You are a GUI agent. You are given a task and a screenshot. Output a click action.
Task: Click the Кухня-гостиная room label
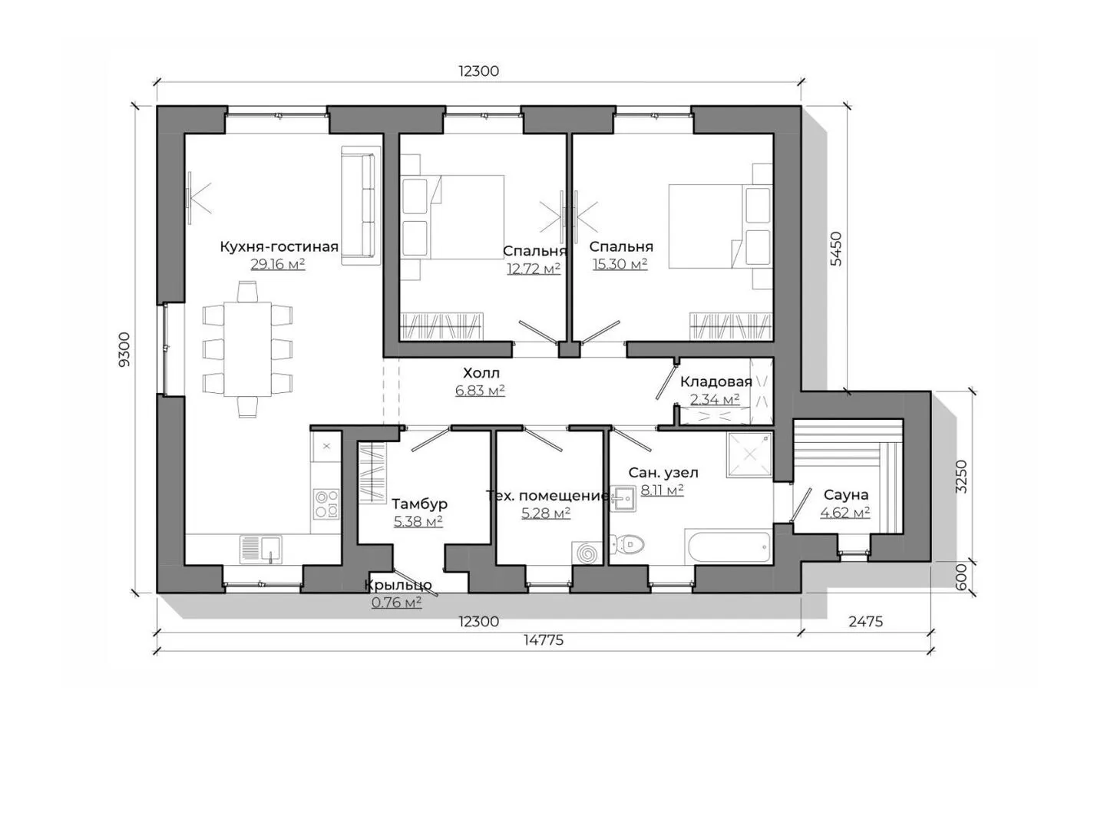pos(279,247)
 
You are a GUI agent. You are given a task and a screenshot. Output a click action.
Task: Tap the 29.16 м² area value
pos(278,264)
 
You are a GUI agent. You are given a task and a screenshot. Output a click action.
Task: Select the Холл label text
pos(481,373)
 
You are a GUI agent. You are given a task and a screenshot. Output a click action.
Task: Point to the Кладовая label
pos(716,381)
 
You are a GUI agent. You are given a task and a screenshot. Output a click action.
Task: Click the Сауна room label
pos(846,494)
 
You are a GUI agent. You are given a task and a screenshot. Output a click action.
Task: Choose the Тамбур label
pos(419,504)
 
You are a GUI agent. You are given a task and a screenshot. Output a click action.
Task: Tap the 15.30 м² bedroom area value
pos(620,263)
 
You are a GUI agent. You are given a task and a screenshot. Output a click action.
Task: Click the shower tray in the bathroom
pos(749,454)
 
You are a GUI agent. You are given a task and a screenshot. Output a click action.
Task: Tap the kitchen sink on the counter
pos(261,549)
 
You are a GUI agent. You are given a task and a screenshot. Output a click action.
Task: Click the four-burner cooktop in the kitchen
pos(326,504)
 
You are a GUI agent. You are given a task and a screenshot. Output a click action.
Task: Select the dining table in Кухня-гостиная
pos(247,349)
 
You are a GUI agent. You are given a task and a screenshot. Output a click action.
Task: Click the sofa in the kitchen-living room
pos(361,205)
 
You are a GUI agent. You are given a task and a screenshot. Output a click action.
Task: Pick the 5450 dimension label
pos(835,249)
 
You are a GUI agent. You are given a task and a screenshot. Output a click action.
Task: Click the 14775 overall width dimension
pos(544,640)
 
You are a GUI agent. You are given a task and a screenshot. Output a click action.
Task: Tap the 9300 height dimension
pos(124,349)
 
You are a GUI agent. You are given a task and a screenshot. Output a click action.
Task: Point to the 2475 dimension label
pos(865,622)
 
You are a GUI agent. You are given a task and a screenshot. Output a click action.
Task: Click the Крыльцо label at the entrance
pos(398,585)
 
